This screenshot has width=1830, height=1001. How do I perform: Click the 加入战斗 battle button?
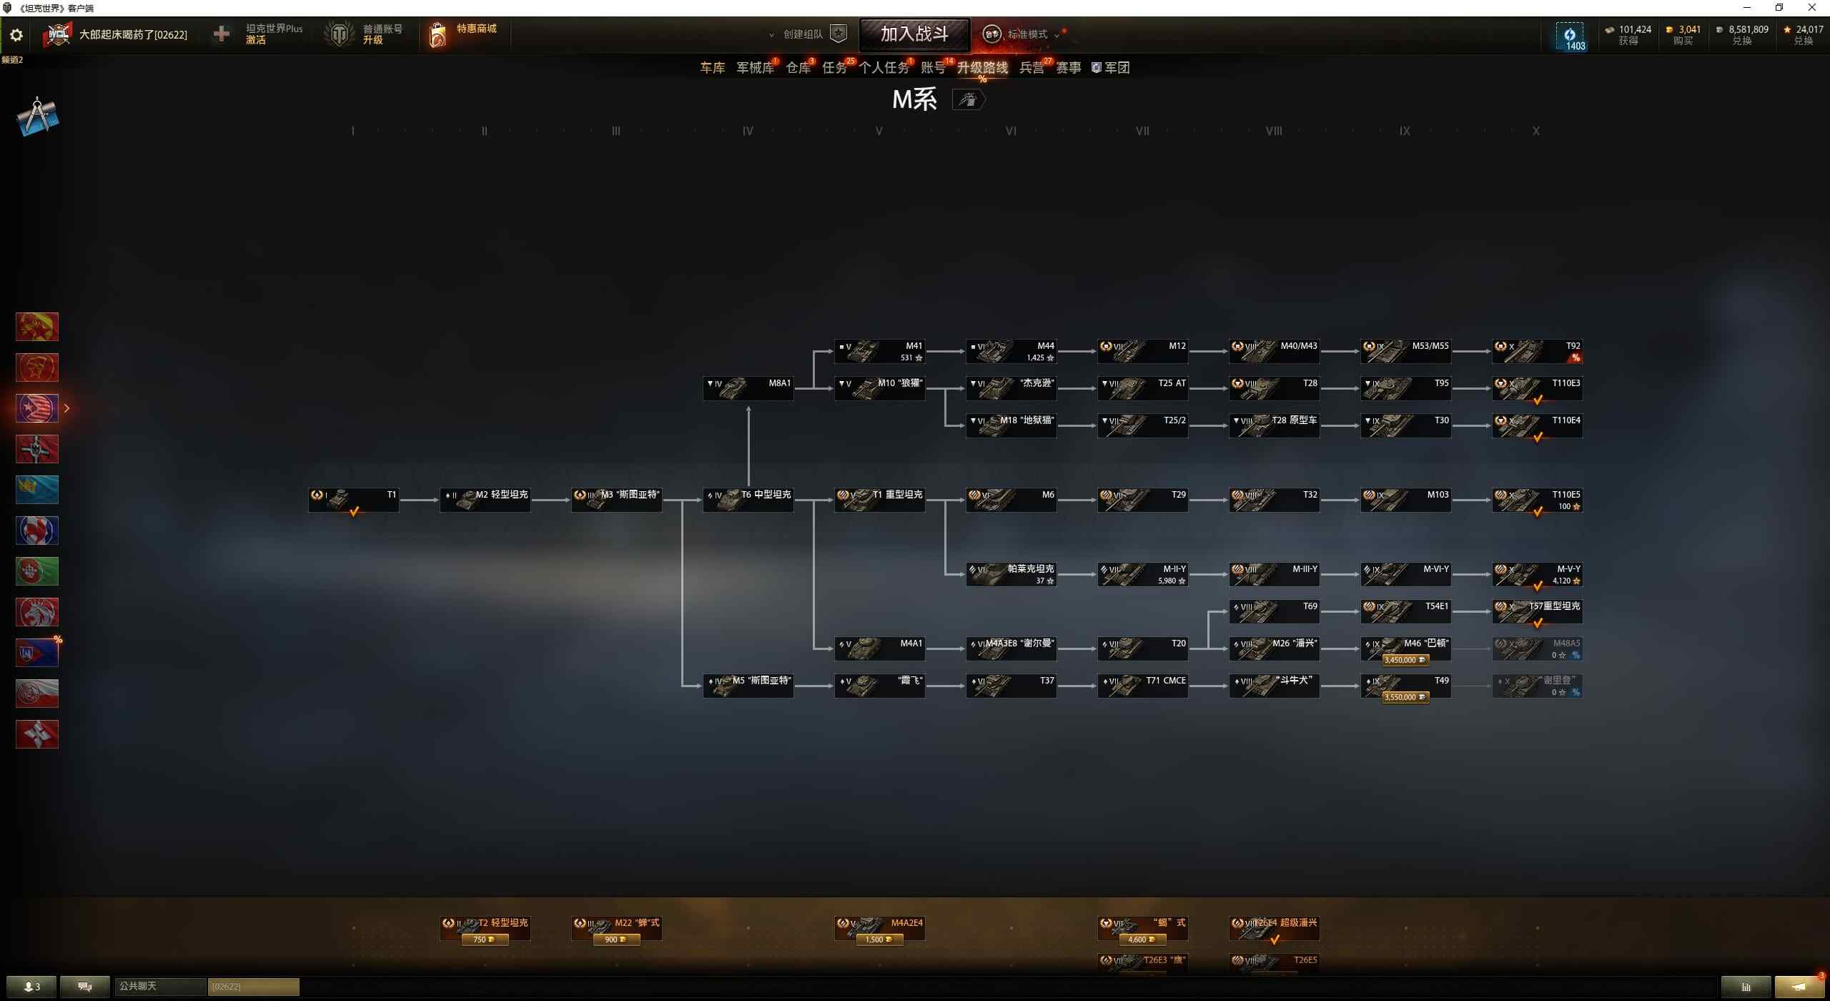(914, 34)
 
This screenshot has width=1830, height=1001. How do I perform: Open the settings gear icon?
(16, 35)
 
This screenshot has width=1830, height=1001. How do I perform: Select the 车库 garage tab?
(712, 68)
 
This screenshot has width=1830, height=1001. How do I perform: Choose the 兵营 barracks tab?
(1031, 68)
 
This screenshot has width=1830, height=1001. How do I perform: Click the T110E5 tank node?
(1537, 500)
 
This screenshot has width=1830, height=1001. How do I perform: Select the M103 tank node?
(1405, 500)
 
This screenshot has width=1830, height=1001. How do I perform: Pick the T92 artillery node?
(1537, 351)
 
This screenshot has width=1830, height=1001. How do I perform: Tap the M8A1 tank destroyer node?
(748, 388)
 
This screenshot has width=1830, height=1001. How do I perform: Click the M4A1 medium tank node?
(879, 649)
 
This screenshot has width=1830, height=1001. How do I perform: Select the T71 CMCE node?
(1142, 686)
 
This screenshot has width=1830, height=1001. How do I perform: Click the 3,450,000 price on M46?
(1405, 660)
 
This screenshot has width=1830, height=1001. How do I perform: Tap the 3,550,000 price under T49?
(1405, 697)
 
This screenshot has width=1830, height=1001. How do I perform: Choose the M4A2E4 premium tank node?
(879, 927)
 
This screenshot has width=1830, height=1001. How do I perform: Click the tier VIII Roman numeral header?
(1274, 131)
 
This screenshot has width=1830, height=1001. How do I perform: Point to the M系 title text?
(914, 99)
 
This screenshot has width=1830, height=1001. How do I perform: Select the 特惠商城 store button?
(465, 34)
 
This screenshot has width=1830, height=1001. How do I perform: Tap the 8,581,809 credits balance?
(1748, 29)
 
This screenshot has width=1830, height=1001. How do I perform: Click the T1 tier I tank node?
(353, 500)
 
